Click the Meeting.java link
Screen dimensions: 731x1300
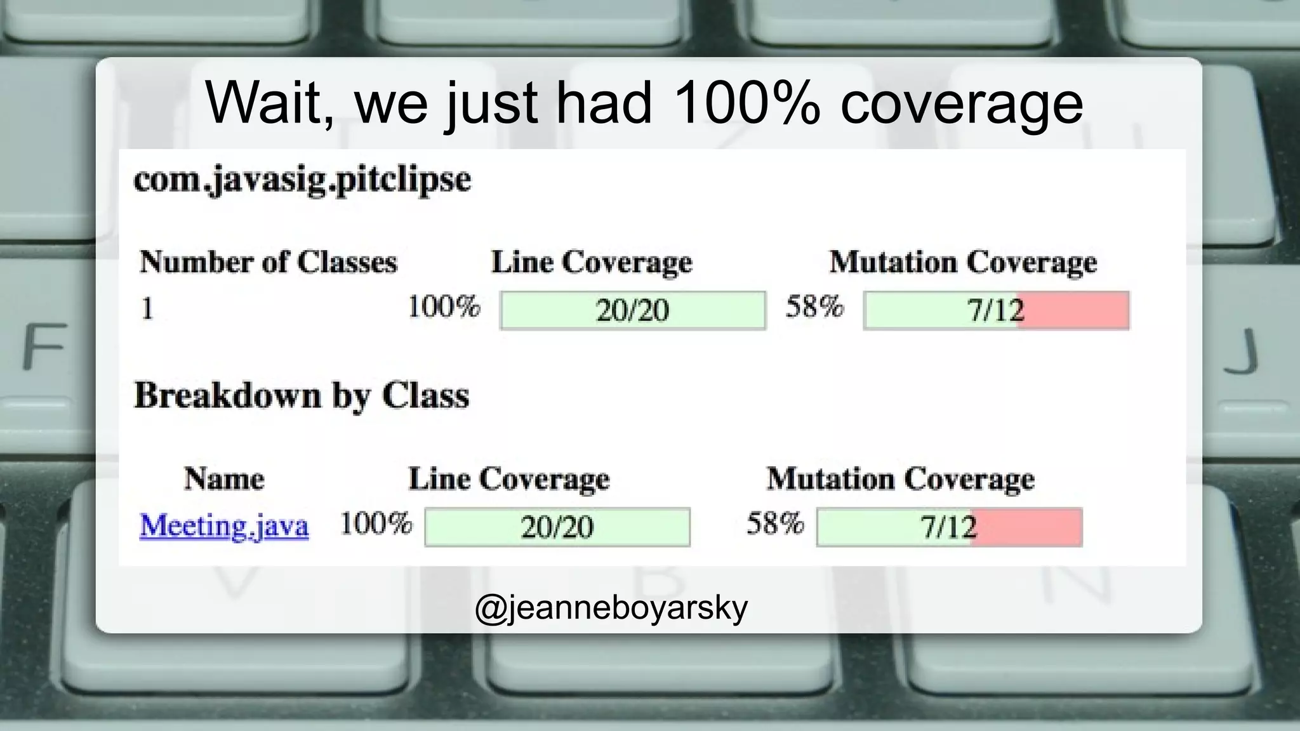tap(224, 526)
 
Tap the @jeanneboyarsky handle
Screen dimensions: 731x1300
tap(611, 608)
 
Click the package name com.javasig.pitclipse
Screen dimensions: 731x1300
tap(302, 180)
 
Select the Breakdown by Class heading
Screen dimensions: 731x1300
tap(302, 396)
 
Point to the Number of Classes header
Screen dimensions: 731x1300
tap(269, 262)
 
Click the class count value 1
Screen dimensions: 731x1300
tap(147, 309)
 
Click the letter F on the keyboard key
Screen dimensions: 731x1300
tap(44, 346)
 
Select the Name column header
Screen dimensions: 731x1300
tap(224, 478)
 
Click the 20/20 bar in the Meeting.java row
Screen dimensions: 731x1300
tap(557, 527)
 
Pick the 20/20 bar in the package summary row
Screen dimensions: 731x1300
tap(632, 310)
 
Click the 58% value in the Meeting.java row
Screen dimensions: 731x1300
tap(775, 524)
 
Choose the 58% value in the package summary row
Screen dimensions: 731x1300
tap(814, 306)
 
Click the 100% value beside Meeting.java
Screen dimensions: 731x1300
tap(376, 524)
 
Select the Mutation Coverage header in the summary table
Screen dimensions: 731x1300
tap(963, 262)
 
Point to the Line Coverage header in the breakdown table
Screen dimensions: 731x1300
tap(509, 478)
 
